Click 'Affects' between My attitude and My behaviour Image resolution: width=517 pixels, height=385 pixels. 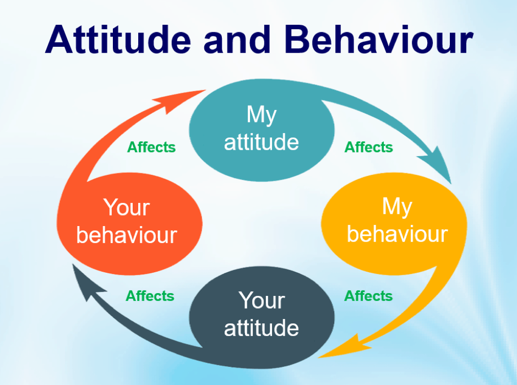click(x=368, y=147)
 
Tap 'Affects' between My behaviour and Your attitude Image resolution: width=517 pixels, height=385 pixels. click(x=368, y=296)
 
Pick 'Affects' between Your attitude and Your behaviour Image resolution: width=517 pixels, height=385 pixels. click(x=150, y=296)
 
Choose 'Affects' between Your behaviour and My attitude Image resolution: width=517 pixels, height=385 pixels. click(x=151, y=147)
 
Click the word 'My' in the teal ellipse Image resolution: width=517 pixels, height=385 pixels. click(x=262, y=115)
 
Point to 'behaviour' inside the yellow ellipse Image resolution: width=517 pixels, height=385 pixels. click(x=397, y=234)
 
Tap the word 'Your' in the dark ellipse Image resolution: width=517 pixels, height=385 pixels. click(x=262, y=301)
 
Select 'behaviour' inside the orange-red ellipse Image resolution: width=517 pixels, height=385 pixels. click(x=127, y=235)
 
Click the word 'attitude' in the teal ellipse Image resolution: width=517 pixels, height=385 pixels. click(x=262, y=142)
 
